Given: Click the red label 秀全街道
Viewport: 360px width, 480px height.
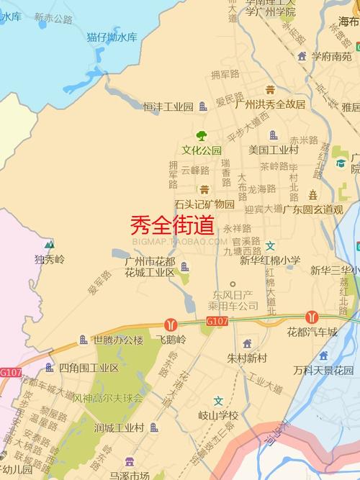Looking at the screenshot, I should pyautogui.click(x=172, y=226).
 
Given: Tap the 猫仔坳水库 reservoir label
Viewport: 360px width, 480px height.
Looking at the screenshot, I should pyautogui.click(x=112, y=37).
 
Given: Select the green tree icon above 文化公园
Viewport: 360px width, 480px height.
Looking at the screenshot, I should pyautogui.click(x=202, y=135).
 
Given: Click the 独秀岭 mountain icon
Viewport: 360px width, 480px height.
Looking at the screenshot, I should pyautogui.click(x=49, y=245).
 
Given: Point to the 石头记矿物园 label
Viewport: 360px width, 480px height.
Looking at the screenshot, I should pyautogui.click(x=204, y=204).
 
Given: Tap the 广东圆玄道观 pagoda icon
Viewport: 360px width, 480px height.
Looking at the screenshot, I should pyautogui.click(x=313, y=195).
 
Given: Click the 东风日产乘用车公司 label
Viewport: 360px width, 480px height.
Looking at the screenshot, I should pyautogui.click(x=235, y=300).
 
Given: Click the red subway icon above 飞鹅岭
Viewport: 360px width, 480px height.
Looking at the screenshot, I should pyautogui.click(x=171, y=325).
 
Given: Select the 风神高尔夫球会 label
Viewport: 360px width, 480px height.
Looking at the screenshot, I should pyautogui.click(x=108, y=397).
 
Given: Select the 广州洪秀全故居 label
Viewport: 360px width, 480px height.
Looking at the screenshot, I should pyautogui.click(x=270, y=104).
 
